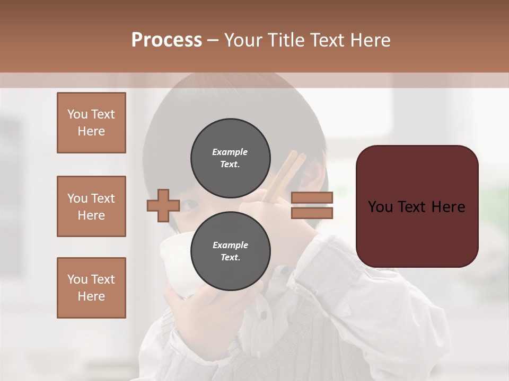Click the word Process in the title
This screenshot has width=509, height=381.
coord(166,40)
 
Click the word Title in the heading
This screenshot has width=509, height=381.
coord(287,40)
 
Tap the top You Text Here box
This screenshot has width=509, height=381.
coord(91,123)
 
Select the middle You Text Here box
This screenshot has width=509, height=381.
coord(91,206)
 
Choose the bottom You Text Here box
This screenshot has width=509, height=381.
coord(91,288)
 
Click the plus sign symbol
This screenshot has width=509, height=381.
coord(163,205)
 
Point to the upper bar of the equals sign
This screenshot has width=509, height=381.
coord(312,198)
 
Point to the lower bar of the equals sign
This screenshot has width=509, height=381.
coord(312,213)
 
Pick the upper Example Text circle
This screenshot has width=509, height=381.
coord(230,158)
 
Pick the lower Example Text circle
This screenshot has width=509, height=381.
coord(230,251)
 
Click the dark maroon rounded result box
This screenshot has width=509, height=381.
coord(417,206)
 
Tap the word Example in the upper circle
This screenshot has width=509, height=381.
coord(230,152)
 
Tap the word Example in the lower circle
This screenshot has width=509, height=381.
coord(230,245)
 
